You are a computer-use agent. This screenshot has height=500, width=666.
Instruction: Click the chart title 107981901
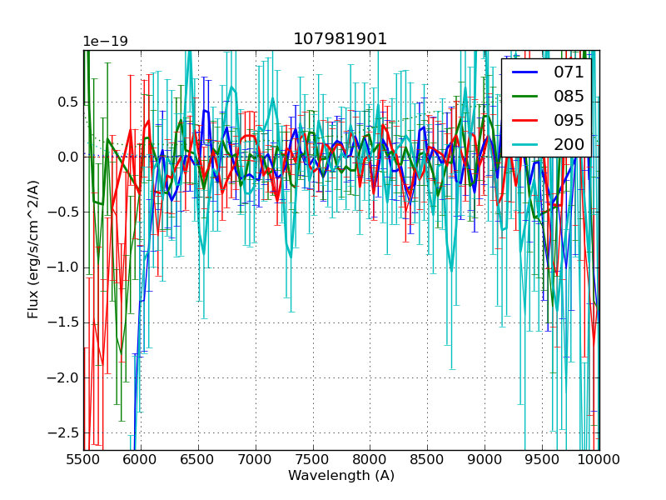340,39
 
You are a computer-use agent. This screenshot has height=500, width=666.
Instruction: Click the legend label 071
569,72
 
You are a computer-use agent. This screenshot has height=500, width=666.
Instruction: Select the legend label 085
569,96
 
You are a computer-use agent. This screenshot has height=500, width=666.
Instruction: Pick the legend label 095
569,120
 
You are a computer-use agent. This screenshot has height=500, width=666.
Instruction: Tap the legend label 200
569,144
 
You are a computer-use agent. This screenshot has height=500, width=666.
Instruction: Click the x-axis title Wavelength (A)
341,476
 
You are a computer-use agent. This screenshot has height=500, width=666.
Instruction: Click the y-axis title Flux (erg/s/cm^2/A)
33,249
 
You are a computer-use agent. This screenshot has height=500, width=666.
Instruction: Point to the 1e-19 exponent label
105,42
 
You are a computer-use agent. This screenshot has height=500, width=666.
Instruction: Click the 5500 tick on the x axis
83,460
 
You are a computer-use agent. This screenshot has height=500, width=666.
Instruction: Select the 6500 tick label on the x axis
198,460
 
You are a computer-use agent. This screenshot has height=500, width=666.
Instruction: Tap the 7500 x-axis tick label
313,460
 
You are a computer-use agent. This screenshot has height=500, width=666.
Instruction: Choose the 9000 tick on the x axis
485,460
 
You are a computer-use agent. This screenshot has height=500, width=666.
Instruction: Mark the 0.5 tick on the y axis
67,102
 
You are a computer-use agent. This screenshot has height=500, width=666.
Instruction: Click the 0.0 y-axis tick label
67,157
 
